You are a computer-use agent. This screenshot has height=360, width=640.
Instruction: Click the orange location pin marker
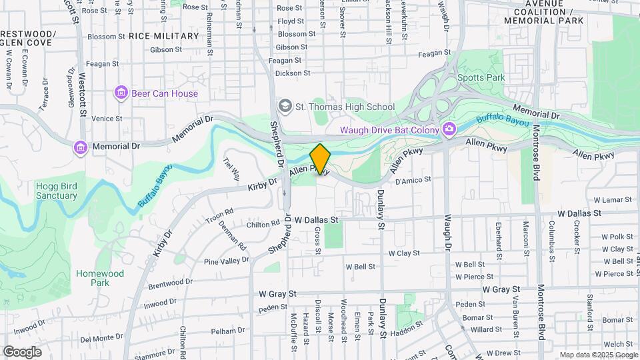click(320, 159)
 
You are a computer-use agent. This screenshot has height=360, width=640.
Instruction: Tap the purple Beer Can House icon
click(121, 93)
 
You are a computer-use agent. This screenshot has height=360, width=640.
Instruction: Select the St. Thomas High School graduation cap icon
click(285, 107)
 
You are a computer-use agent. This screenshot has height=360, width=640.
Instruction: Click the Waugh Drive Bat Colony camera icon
click(450, 129)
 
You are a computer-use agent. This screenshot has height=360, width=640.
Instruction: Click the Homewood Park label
click(100, 278)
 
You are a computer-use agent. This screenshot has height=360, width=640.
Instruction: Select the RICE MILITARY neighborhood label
click(163, 36)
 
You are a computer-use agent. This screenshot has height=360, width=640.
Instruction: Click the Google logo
click(22, 352)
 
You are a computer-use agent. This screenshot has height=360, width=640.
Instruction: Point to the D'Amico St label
click(414, 179)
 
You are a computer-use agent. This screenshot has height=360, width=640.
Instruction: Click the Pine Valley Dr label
click(226, 261)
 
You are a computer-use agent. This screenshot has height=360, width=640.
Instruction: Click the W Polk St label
click(617, 237)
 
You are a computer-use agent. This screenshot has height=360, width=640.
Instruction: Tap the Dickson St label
click(293, 73)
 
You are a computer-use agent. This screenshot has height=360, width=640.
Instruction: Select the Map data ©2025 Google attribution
click(598, 355)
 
